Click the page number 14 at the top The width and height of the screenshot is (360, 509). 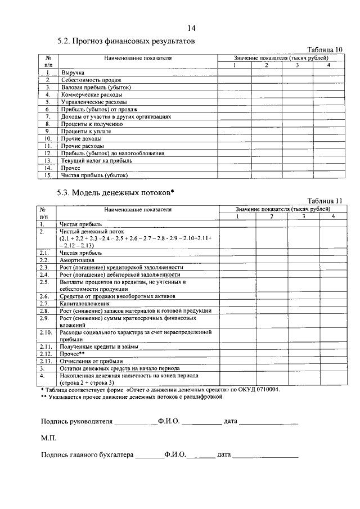coord(191,29)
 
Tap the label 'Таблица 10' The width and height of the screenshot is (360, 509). coord(322,50)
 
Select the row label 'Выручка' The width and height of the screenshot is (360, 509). coord(73,73)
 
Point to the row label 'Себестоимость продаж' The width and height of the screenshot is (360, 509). coord(91,80)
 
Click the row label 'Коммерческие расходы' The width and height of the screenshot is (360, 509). coord(91,95)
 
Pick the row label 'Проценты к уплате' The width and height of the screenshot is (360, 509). coord(86,131)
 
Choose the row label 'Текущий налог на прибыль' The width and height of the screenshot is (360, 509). coord(96,160)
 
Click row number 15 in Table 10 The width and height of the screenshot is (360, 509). coord(48,175)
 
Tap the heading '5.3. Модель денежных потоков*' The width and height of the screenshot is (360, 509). coord(115,193)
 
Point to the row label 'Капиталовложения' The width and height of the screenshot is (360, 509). coord(85,304)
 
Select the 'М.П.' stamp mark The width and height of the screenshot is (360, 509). coord(48,437)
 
